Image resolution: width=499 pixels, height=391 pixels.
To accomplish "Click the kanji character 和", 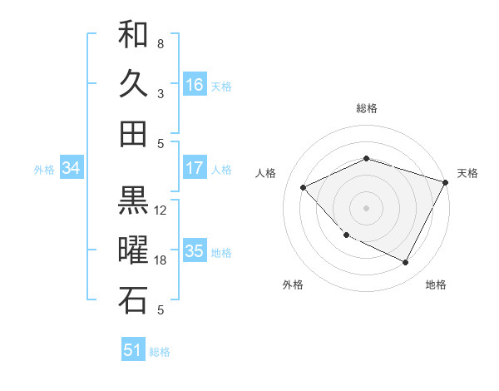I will tap(133, 35).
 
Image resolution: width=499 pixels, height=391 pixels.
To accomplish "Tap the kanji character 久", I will tap(133, 84).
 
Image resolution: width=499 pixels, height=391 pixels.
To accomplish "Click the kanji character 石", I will tap(133, 300).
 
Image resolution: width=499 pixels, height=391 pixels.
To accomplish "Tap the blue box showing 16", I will tap(195, 85).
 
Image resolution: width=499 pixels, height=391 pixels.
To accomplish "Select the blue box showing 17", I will tap(195, 168).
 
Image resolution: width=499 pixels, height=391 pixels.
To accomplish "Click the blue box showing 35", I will tap(195, 251).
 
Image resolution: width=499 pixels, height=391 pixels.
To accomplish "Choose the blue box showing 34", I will tap(71, 168).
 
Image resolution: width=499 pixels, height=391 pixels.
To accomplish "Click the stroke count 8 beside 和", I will tap(161, 43).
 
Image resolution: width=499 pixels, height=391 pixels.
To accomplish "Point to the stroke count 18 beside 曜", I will tap(161, 260).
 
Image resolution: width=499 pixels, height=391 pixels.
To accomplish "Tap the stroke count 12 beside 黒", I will tap(161, 210).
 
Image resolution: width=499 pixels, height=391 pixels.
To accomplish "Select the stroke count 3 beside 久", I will tap(161, 93).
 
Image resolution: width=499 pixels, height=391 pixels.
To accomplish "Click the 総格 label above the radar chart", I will tap(366, 108).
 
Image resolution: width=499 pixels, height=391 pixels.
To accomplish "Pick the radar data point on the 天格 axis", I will tap(446, 181).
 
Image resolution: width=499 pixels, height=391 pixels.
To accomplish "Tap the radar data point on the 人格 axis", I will tap(304, 187).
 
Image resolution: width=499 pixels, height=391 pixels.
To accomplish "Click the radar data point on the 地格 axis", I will tap(406, 263).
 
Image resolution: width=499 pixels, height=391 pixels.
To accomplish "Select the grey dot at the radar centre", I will tap(366, 207).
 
